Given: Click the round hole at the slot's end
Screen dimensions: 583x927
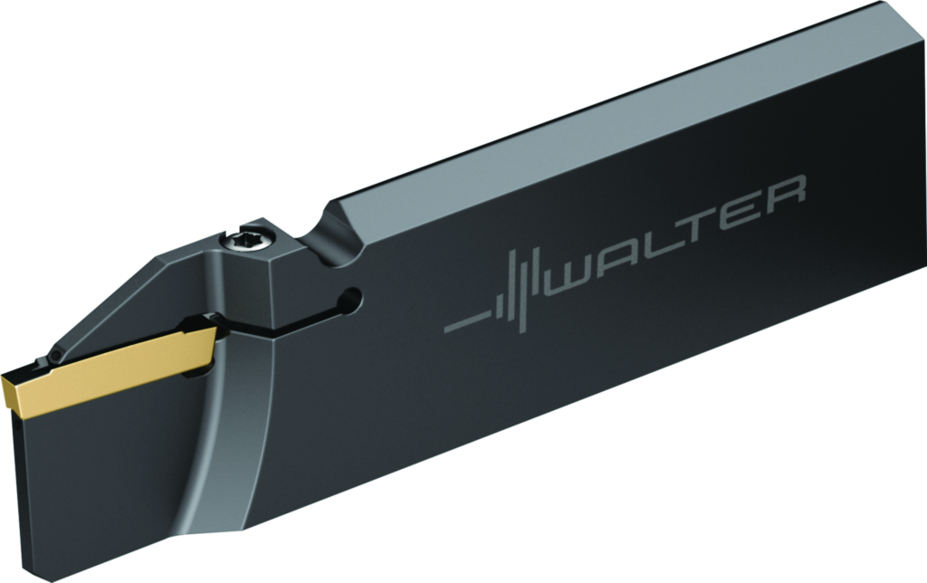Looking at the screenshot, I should click(x=350, y=300).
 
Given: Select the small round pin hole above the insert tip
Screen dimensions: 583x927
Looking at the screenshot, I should click(x=56, y=355).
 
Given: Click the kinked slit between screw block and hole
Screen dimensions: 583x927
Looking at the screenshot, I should click(x=290, y=321).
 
